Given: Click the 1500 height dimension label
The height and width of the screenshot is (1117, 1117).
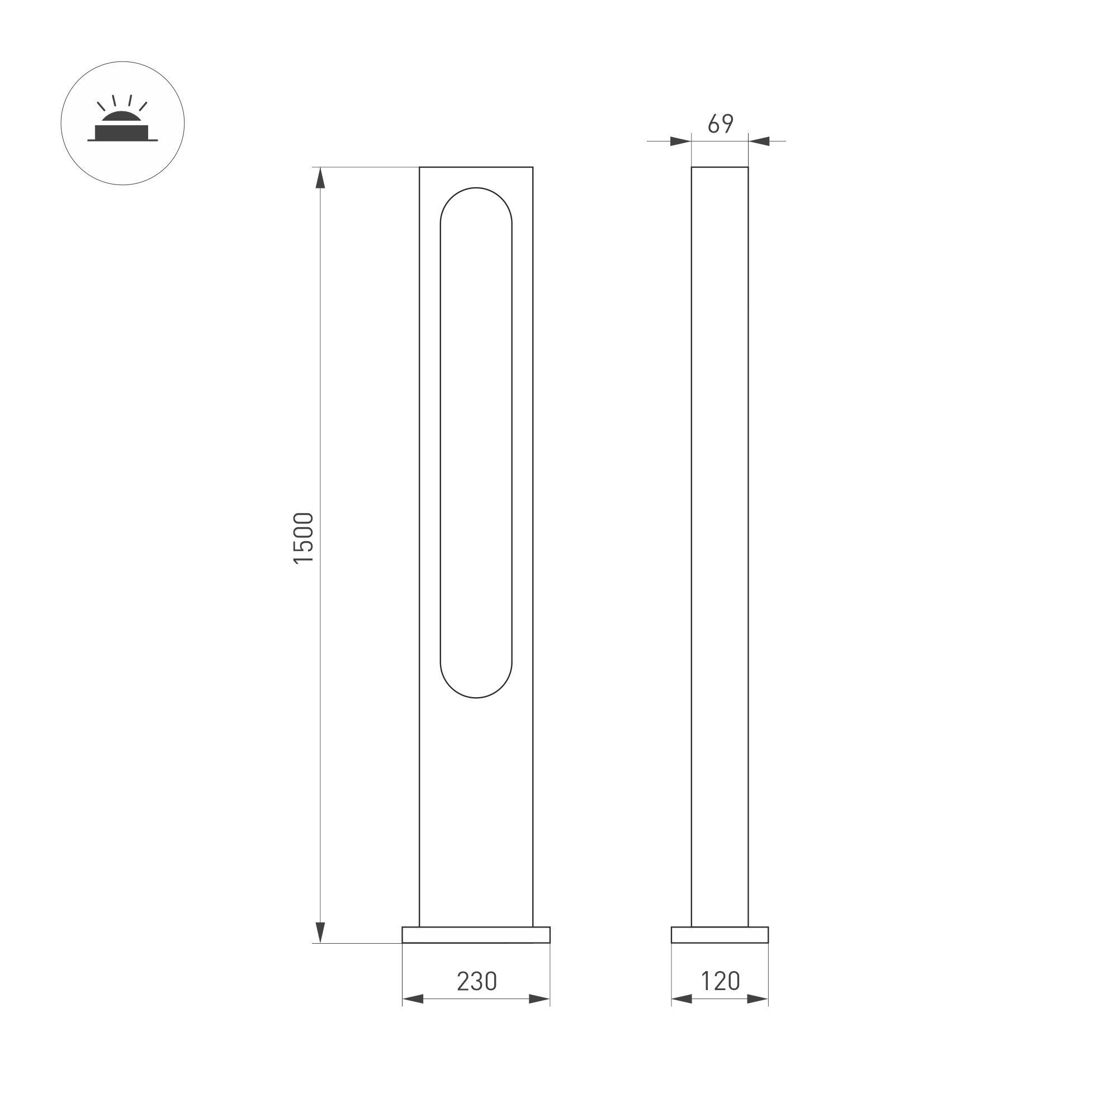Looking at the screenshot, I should click(x=304, y=538).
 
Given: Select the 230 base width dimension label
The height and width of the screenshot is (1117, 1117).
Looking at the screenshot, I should click(x=476, y=981).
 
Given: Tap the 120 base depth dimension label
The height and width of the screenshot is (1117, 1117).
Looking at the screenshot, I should click(x=720, y=981).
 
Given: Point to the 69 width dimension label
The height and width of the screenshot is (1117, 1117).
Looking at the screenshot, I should click(x=721, y=124).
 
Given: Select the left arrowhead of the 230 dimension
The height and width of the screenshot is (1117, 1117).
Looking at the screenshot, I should click(x=413, y=998).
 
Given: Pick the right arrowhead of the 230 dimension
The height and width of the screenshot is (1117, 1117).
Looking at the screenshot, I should click(x=539, y=998).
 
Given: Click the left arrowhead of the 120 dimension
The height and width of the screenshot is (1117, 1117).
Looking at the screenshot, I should click(x=681, y=998).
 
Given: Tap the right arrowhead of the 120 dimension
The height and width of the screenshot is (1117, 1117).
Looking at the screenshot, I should click(x=758, y=998).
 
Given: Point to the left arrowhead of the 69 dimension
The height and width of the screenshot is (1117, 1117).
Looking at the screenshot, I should click(x=680, y=141).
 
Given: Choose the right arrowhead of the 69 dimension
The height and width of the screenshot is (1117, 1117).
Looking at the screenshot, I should click(x=759, y=141).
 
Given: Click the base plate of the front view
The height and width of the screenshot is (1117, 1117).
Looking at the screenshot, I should click(x=476, y=935).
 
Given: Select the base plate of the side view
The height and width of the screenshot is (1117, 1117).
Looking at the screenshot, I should click(x=720, y=935).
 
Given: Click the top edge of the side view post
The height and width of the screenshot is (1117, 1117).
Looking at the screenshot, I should click(x=720, y=167).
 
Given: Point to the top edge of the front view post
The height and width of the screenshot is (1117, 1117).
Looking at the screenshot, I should click(x=476, y=167).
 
